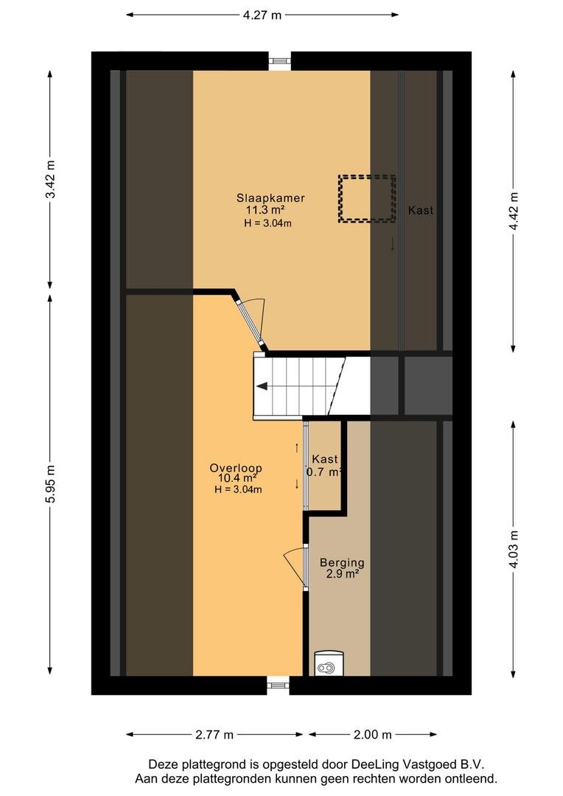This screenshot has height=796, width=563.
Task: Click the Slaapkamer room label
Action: [270, 198]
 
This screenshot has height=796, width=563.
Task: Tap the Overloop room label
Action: [236, 468]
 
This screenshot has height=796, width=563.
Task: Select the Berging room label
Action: [342, 562]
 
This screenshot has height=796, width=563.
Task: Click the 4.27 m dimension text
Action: [262, 15]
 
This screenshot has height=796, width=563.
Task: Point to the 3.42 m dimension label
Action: [50, 180]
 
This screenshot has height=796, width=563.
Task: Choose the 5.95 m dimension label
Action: [50, 484]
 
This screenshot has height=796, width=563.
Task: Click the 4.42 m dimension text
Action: [514, 211]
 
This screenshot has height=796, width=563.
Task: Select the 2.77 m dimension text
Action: [214, 734]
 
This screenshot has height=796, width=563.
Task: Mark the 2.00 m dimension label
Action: [373, 734]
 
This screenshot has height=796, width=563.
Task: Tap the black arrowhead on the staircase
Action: [262, 386]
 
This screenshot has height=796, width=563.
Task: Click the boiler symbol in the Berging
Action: [326, 665]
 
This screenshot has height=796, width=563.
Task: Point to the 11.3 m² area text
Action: [265, 210]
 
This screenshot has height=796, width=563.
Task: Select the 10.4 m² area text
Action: [237, 478]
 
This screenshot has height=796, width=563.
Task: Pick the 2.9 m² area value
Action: [343, 574]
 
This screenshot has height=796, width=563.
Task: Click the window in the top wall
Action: [278, 61]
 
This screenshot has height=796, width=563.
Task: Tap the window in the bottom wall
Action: [278, 685]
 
